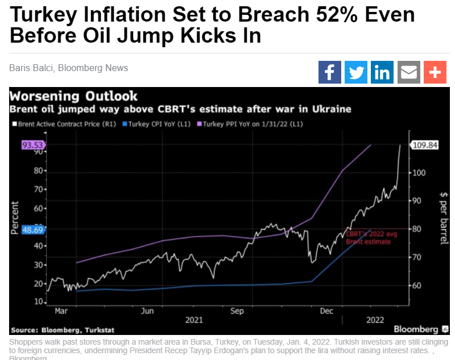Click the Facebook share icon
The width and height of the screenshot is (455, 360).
coord(330,73)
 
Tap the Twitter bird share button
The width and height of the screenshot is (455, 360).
coord(356,73)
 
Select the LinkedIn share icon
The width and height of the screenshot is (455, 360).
coord(382,73)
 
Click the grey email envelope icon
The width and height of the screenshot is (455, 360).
coord(408,73)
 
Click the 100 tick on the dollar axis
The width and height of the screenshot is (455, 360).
coord(419,172)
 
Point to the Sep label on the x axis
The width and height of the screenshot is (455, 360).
coord(238,311)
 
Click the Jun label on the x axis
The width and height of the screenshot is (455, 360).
coord(147,311)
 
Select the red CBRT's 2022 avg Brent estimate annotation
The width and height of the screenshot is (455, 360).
coord(368,238)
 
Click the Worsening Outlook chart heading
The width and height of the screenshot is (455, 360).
coord(74,96)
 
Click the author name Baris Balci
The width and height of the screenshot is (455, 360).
coord(30,68)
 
